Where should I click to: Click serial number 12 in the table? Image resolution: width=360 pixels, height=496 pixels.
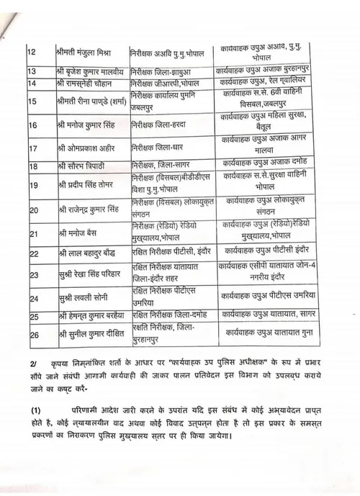[31, 53]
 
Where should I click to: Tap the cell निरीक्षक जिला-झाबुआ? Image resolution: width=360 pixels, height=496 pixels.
[163, 72]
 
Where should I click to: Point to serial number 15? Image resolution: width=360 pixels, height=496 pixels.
[32, 102]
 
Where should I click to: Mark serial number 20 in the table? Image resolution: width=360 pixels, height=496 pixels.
[32, 210]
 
